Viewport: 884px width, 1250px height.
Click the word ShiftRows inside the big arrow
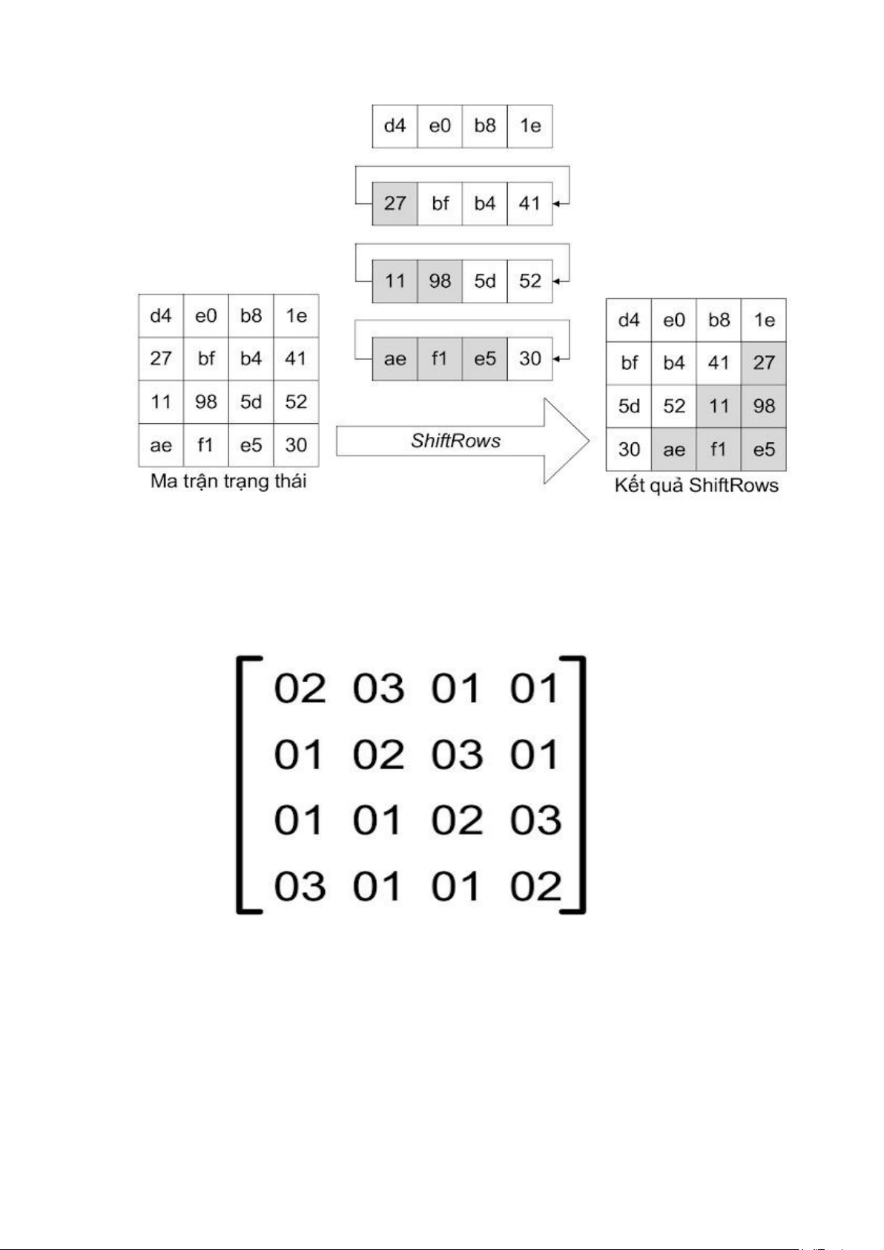click(x=455, y=441)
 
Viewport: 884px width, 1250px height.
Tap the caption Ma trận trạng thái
click(x=228, y=481)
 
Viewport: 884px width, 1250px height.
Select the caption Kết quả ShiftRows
click(x=696, y=485)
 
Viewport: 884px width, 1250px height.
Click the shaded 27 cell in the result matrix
click(x=763, y=363)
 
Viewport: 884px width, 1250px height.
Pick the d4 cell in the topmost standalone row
click(x=395, y=126)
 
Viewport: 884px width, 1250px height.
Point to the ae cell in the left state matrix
click(x=161, y=445)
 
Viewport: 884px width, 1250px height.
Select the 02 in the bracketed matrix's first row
click(x=300, y=688)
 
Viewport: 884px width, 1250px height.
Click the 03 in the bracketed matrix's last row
click(x=300, y=886)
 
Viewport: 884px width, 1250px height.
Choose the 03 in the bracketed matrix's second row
click(x=457, y=755)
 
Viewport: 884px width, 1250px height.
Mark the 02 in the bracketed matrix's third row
click(x=457, y=820)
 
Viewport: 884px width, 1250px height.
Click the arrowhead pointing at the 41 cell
click(x=557, y=203)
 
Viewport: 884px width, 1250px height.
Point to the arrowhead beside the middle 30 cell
click(x=557, y=359)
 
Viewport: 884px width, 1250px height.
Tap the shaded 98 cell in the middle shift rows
click(x=440, y=281)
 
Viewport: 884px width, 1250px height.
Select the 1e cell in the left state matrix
click(x=296, y=316)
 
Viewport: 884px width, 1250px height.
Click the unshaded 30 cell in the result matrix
click(x=629, y=450)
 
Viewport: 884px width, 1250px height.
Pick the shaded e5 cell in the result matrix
click(x=763, y=450)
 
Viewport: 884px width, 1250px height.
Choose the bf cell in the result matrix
click(x=629, y=363)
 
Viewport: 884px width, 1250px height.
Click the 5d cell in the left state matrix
click(x=251, y=402)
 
